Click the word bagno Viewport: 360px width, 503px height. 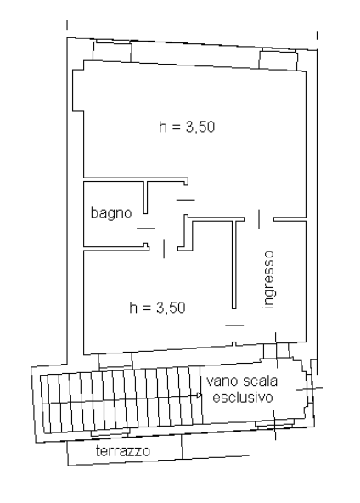111,213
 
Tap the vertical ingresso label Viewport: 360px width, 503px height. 268,280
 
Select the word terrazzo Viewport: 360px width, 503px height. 123,451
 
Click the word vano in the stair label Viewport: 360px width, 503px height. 222,381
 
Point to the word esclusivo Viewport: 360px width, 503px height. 243,398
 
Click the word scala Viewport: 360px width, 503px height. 260,381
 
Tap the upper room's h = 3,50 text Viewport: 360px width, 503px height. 187,127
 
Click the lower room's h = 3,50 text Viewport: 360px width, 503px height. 157,308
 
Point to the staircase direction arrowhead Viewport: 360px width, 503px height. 200,395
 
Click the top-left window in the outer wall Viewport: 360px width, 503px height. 112,51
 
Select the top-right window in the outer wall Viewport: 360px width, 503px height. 278,59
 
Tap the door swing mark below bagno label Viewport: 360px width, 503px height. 146,229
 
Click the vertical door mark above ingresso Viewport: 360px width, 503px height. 259,218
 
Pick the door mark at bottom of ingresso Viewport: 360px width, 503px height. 234,325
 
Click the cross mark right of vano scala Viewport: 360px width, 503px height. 310,389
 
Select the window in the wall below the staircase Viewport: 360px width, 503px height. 110,433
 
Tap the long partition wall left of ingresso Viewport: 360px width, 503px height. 234,264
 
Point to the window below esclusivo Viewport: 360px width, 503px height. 275,423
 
